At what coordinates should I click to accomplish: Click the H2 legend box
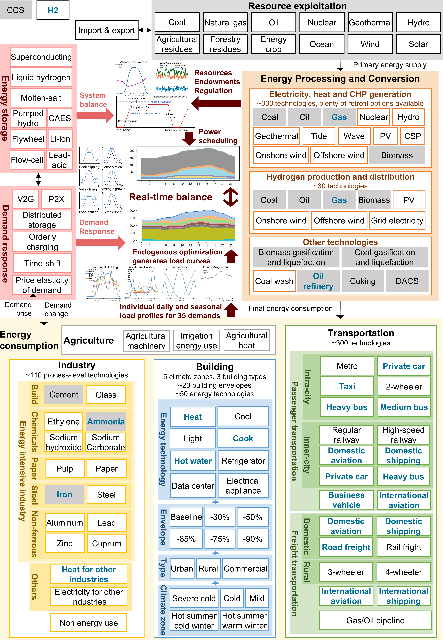coord(53,10)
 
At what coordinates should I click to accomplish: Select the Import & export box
coord(107,30)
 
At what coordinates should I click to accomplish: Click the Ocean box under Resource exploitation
coord(322,44)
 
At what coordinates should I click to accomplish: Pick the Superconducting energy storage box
coord(41,57)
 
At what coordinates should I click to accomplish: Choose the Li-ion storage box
coord(60,139)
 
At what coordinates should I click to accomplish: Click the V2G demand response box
coord(26,199)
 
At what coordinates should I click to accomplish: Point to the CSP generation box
coord(412,136)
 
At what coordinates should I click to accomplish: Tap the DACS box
coord(407,281)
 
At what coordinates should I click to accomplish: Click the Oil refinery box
coord(318,281)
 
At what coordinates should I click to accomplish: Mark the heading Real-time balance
coord(170,197)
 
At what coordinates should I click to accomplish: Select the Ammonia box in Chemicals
coord(106,422)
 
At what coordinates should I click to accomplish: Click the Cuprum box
coord(107,543)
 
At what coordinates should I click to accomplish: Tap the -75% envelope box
coord(220,539)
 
